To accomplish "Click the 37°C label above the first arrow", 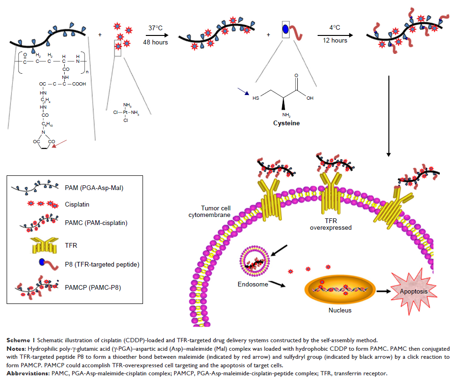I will (x=155, y=28).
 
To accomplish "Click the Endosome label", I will (x=253, y=284).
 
